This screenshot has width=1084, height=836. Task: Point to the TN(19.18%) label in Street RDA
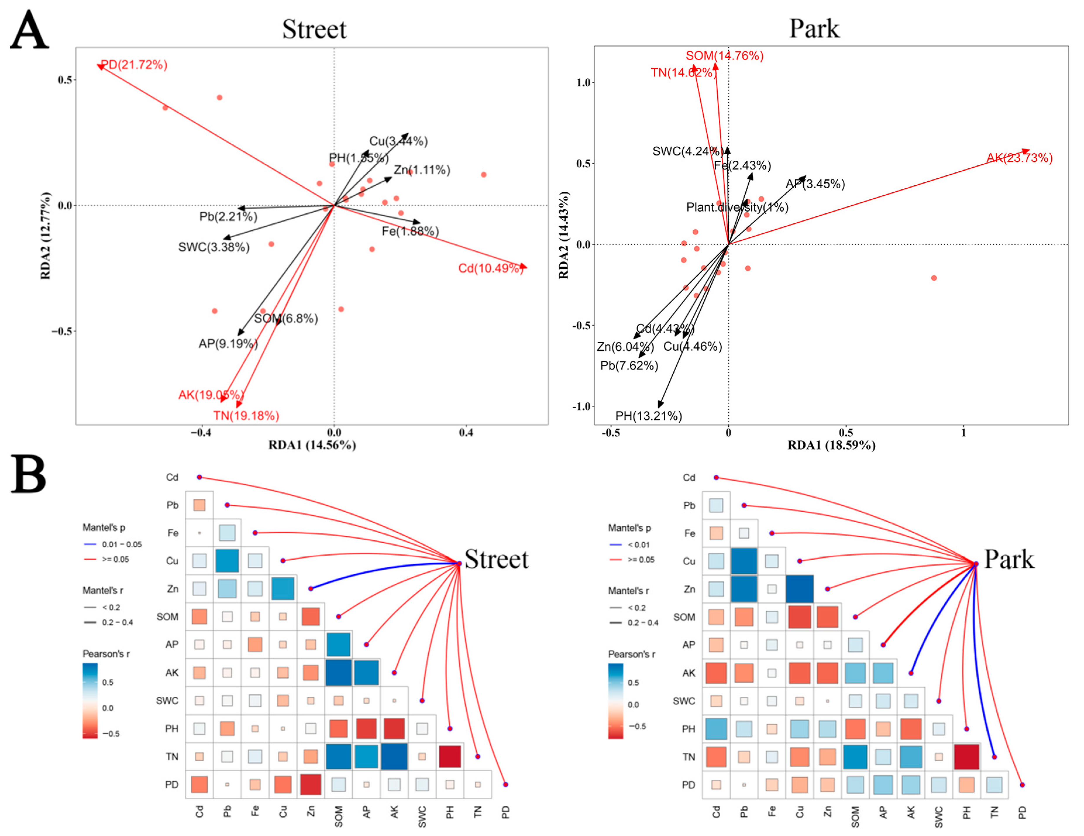click(x=246, y=416)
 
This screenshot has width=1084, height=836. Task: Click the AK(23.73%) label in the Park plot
click(x=1019, y=158)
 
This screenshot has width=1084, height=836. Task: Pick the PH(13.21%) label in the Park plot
click(x=648, y=416)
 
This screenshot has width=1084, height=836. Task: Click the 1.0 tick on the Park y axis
click(x=583, y=83)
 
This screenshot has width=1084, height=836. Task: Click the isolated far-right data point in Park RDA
click(x=934, y=278)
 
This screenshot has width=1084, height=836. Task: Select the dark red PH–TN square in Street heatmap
click(x=450, y=756)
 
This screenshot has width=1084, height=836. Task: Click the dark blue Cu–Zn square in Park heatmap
click(x=799, y=589)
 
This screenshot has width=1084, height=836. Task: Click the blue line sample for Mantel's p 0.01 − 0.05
click(x=90, y=544)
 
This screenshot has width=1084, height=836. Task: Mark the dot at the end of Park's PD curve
click(x=1022, y=785)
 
